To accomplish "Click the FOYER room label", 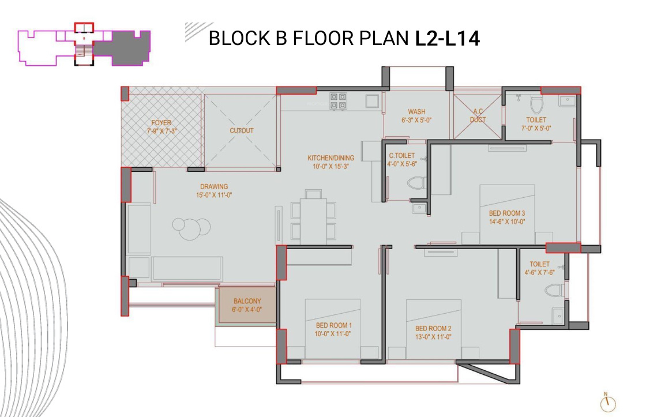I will (x=161, y=123).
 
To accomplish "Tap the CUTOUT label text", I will (x=241, y=131).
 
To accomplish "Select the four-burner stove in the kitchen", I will (x=337, y=102).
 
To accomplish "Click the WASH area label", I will (x=416, y=112).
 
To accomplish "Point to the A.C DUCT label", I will (x=478, y=116).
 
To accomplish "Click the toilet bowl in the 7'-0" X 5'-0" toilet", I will (x=536, y=106).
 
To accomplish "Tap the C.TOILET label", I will (x=402, y=156).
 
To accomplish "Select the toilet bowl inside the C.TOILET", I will (x=415, y=183).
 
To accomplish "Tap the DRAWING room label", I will (x=214, y=187).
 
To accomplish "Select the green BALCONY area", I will (x=247, y=305).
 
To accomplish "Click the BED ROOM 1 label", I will (x=334, y=325).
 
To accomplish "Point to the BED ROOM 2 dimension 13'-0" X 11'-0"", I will (x=433, y=337).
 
